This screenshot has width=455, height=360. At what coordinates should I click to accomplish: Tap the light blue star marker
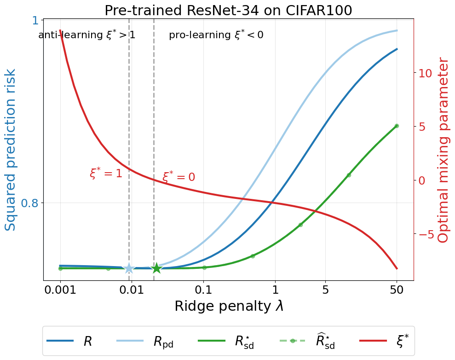129,268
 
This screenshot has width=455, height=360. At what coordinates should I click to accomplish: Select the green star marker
157,268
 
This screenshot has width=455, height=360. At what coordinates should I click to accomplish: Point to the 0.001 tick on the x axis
60,290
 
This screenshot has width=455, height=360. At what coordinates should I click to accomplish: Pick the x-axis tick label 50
397,290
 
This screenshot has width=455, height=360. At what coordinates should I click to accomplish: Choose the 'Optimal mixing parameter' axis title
443,150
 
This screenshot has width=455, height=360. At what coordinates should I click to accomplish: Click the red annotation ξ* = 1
106,174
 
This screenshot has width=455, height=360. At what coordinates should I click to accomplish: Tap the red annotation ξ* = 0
179,177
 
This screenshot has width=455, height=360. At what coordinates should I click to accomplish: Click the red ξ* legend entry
384,341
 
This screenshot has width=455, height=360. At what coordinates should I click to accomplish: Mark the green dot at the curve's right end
397,126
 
